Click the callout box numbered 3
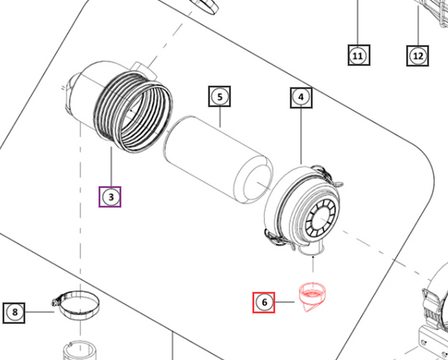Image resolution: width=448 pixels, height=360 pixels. point(110,197)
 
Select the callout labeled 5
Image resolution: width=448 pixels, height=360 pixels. point(219,97)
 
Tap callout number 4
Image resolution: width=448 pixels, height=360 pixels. point(301,97)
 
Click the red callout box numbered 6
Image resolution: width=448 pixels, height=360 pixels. point(263,302)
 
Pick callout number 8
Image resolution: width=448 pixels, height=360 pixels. point(14,313)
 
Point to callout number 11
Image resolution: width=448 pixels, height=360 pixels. point(359,55)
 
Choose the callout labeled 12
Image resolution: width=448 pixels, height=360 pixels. point(418,56)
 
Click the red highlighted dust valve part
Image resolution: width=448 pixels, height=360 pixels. point(312,297)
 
